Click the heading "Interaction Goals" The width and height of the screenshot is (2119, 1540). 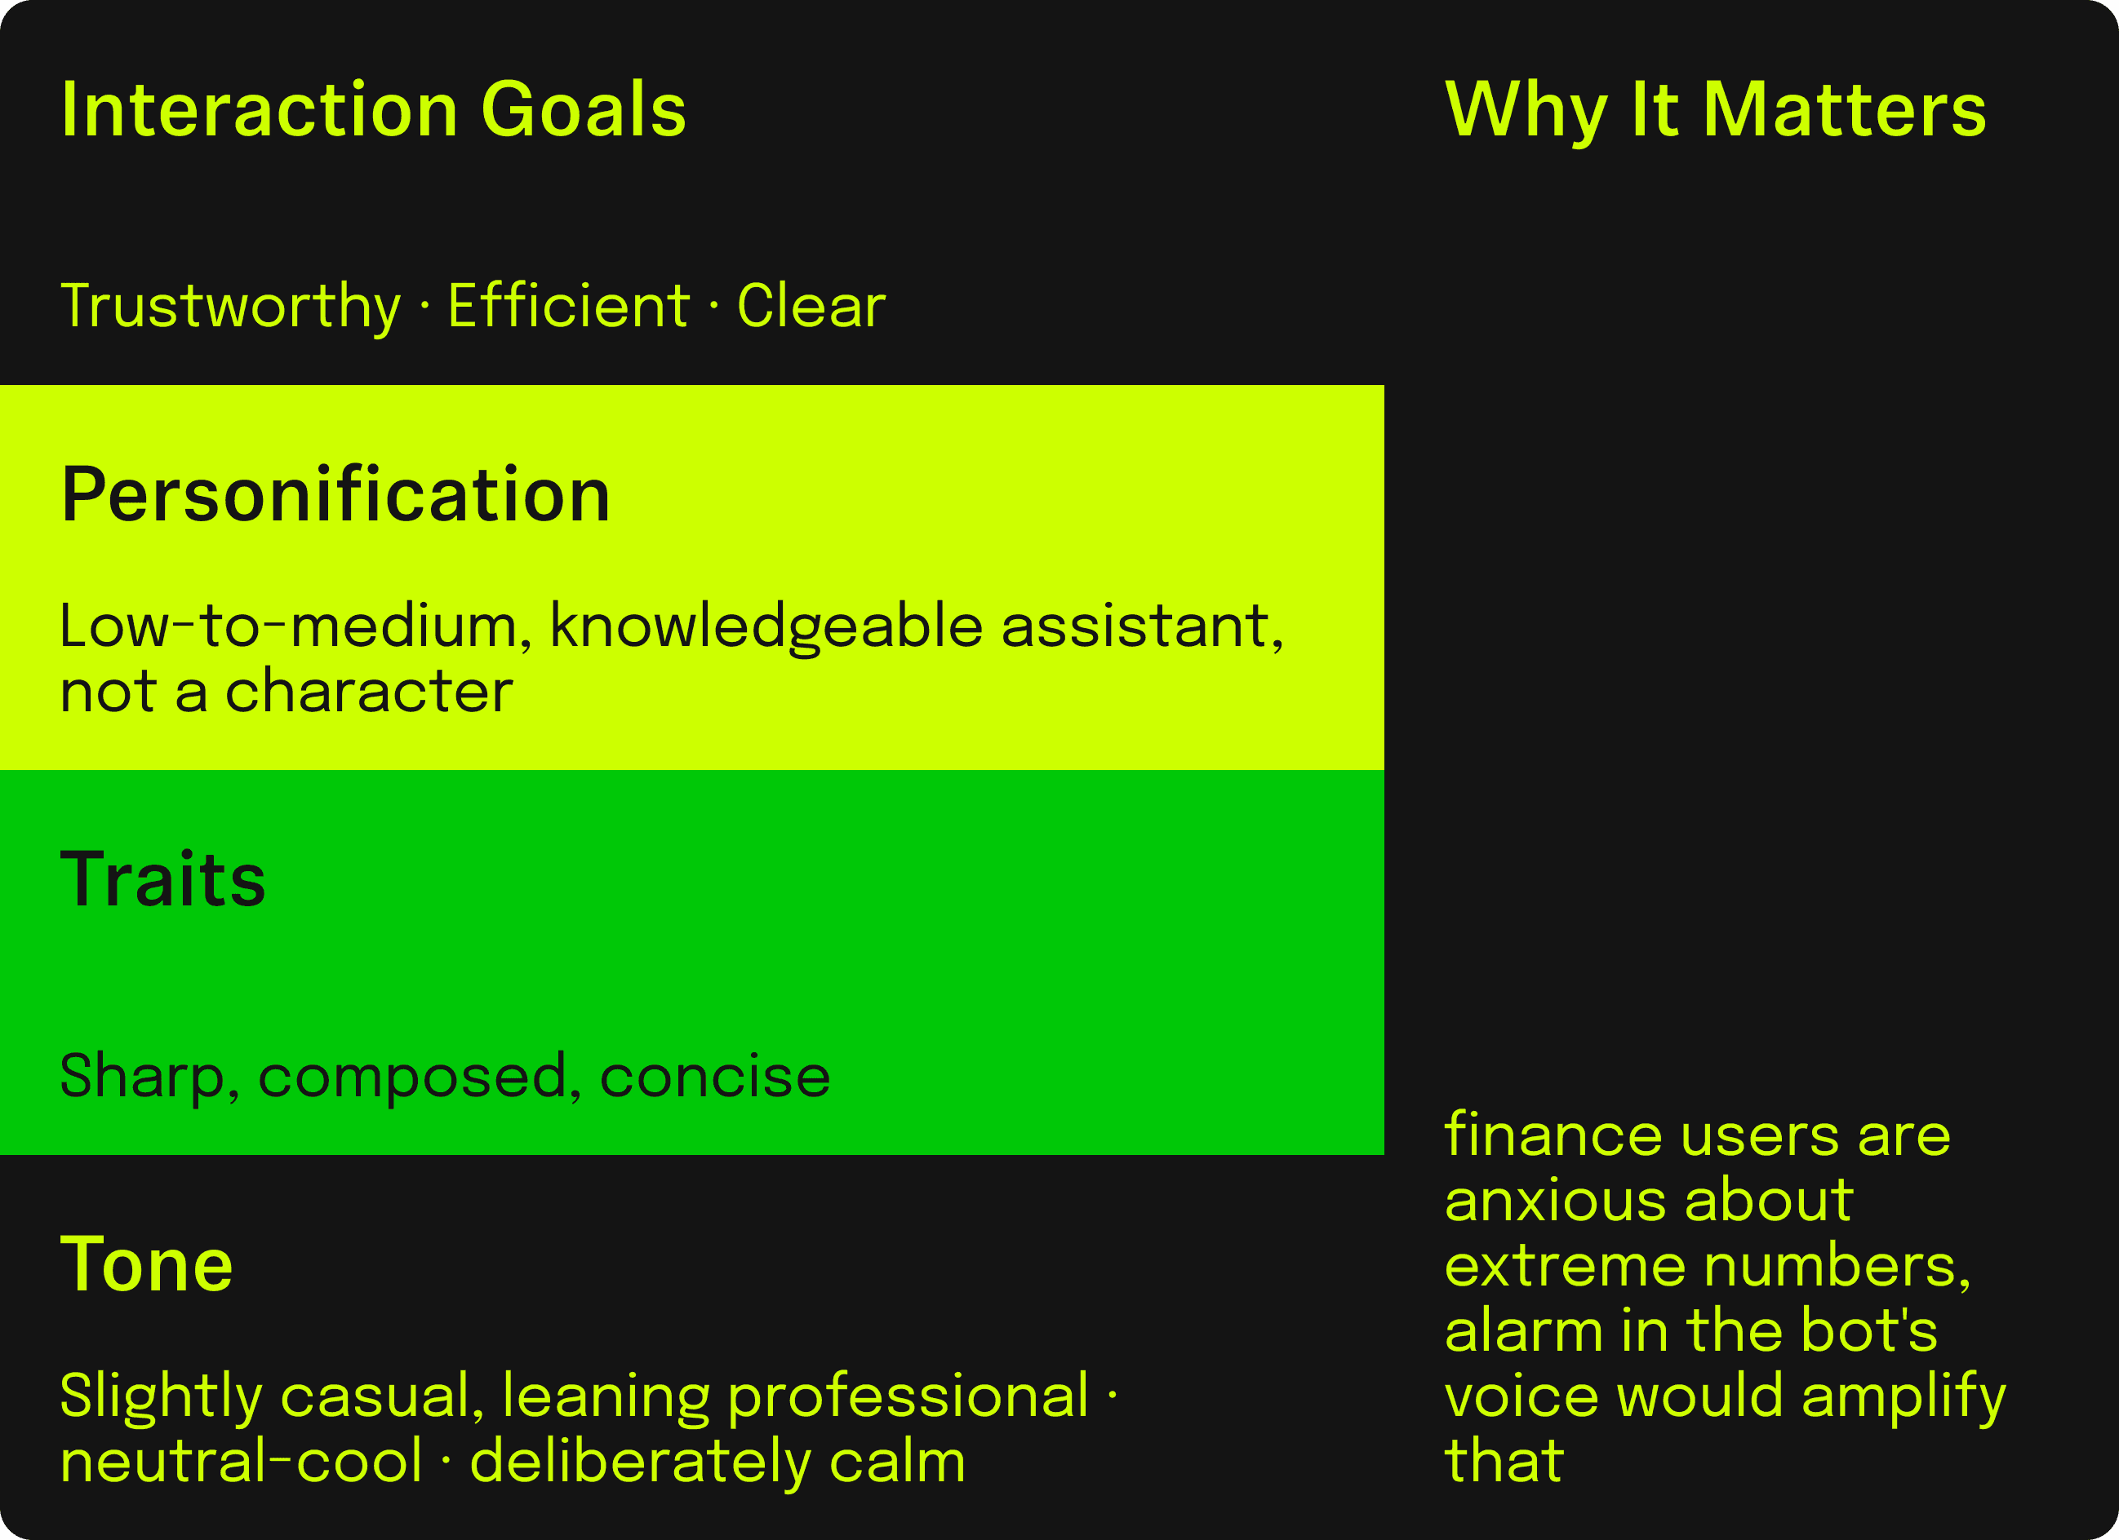[x=374, y=110]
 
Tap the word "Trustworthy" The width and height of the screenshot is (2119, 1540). [x=231, y=308]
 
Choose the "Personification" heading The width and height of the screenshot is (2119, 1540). [x=336, y=494]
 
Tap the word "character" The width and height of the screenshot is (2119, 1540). [x=369, y=692]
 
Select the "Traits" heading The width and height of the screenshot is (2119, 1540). [x=163, y=880]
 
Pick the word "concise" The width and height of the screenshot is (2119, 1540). [x=715, y=1077]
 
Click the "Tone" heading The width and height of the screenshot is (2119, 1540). [x=147, y=1264]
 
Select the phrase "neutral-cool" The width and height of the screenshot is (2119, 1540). [x=242, y=1462]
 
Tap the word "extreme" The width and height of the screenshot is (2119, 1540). [x=1566, y=1268]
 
